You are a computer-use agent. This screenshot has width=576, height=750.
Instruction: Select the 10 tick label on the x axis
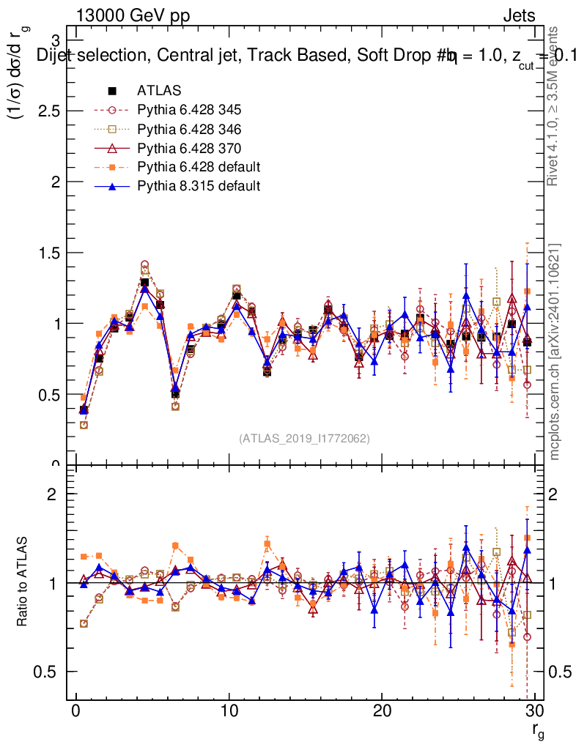click(x=229, y=710)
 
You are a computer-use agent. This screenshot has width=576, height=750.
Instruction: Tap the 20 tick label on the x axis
click(x=382, y=710)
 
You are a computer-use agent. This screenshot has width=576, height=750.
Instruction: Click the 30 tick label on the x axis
click(x=534, y=710)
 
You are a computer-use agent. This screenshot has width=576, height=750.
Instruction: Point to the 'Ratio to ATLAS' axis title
click(x=23, y=582)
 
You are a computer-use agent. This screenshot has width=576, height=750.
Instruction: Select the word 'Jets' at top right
click(x=519, y=16)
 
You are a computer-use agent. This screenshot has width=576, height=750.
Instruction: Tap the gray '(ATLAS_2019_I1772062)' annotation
click(x=304, y=438)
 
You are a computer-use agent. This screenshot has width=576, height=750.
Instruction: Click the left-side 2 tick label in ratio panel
click(x=53, y=494)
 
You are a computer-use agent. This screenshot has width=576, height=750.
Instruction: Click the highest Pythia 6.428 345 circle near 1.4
click(x=145, y=264)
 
